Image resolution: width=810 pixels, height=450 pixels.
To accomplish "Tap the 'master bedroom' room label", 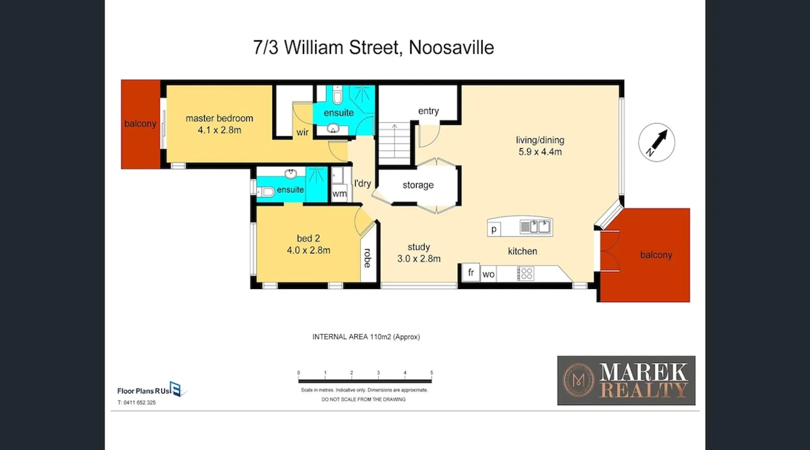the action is (219, 118).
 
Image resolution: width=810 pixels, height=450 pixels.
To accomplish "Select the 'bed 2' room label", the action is (308, 238).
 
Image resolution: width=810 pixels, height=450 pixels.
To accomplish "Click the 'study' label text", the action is (418, 247).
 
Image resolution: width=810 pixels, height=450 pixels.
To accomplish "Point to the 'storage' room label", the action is (418, 185).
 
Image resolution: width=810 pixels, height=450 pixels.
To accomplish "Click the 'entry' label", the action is (428, 111).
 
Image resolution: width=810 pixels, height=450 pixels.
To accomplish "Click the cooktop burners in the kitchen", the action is (525, 274).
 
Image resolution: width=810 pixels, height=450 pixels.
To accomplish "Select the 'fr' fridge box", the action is (471, 272).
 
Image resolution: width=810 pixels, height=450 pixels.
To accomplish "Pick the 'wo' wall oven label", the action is (488, 274).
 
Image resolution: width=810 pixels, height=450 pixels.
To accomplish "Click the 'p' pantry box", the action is (494, 229).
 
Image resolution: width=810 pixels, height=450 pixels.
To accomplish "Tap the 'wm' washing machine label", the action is (339, 193).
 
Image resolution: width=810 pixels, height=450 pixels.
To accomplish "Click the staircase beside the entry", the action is (394, 144).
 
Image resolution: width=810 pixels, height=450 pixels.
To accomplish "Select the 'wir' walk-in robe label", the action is (302, 132).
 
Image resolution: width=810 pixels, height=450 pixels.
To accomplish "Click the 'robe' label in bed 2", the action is (368, 258).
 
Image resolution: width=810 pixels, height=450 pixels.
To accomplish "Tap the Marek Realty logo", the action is (626, 380).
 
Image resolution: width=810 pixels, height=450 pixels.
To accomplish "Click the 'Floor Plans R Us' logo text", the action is (144, 391).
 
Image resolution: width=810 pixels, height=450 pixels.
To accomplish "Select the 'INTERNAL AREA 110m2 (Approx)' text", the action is (366, 337).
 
